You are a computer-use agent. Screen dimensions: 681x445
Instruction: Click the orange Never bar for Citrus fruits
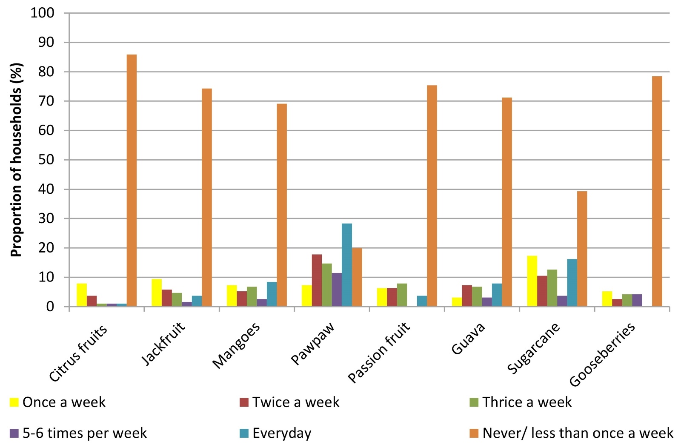coord(132,181)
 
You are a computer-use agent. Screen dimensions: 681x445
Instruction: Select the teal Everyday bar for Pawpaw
coord(347,265)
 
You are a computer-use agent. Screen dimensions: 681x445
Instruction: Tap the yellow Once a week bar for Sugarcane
coord(532,281)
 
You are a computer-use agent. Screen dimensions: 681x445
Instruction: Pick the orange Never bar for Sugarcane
coord(582,249)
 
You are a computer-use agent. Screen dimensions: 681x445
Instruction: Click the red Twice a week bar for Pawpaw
coord(317,281)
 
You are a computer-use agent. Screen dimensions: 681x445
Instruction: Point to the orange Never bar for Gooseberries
coord(657,191)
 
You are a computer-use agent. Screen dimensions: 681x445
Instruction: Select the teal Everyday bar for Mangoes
coord(272,294)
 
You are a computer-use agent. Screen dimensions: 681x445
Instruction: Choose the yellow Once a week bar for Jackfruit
coord(157,293)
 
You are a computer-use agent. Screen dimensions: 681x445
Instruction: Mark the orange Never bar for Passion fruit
coord(432,196)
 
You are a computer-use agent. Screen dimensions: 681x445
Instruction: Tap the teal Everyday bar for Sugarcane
coord(572,283)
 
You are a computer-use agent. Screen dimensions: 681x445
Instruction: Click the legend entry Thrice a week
coord(521,402)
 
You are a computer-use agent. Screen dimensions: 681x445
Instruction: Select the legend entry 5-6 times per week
coord(78,433)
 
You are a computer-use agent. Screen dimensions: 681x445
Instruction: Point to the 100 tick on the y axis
coord(43,13)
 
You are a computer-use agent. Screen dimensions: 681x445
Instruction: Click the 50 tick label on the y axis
coord(46,160)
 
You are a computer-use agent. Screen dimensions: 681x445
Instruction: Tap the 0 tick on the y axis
coord(50,307)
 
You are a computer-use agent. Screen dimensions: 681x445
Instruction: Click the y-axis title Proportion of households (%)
coord(17,160)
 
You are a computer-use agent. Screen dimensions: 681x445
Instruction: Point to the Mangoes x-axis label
coord(236,345)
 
